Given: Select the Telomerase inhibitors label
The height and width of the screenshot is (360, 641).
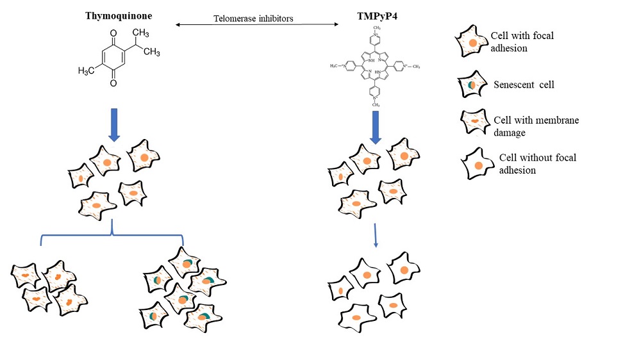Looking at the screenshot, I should click(253, 19).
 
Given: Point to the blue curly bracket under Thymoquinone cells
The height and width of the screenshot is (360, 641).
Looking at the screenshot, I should click(112, 234).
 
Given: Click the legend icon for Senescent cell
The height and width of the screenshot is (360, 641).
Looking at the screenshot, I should click(471, 84).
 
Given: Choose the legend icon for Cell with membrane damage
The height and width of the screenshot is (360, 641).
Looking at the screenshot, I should click(474, 120).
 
